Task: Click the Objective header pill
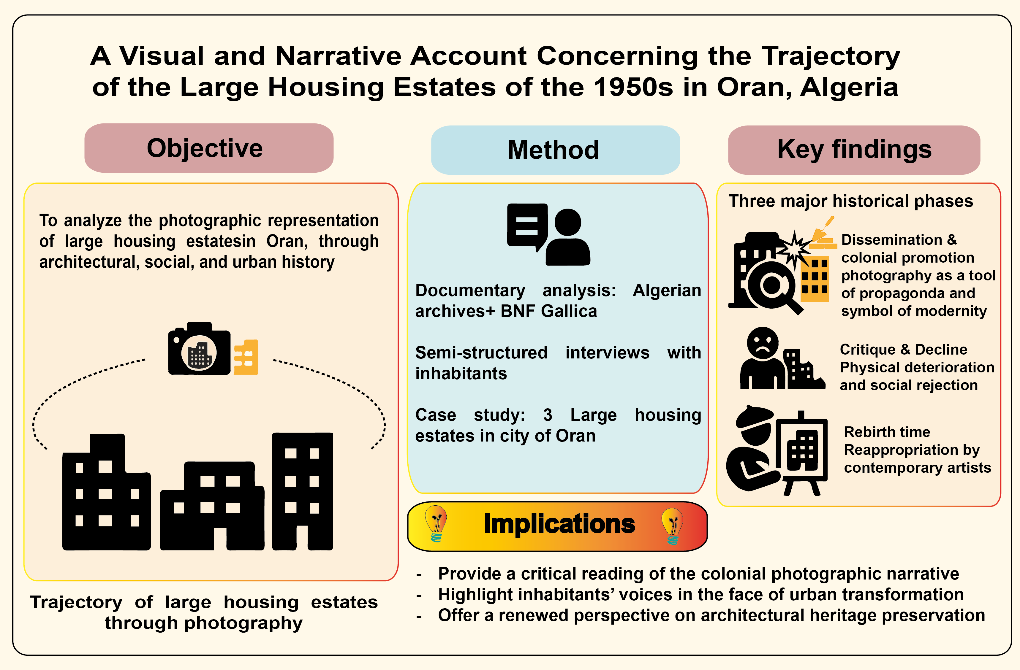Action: point(209,148)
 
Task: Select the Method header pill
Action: point(555,150)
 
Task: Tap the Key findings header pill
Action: point(854,150)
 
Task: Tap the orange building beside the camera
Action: point(246,357)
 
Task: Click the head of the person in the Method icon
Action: point(568,222)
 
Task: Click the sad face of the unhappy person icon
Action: point(763,344)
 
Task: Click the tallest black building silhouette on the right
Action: point(303,491)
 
